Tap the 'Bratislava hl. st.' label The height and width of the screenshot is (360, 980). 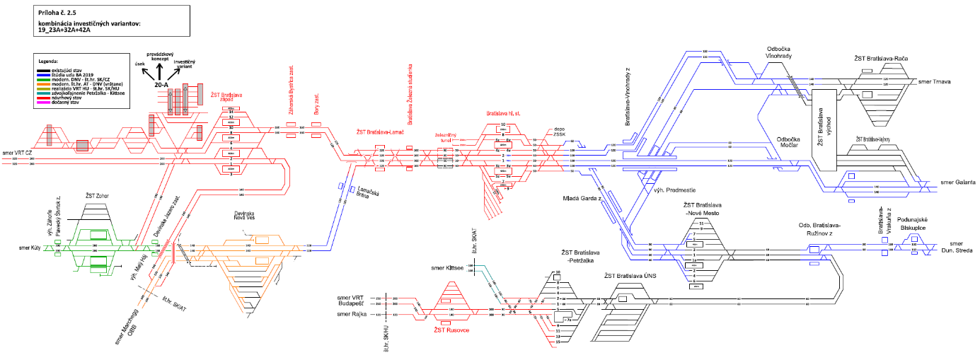pyautogui.click(x=504, y=113)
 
